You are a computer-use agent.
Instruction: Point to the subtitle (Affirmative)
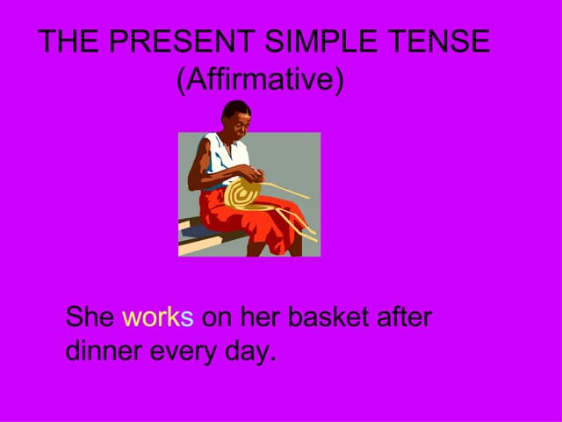coord(260,80)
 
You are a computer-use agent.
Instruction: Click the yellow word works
coord(157,316)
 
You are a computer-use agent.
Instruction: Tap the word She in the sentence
coord(90,316)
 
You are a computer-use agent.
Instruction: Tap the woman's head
coord(235,115)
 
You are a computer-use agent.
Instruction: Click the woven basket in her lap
coord(245,194)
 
